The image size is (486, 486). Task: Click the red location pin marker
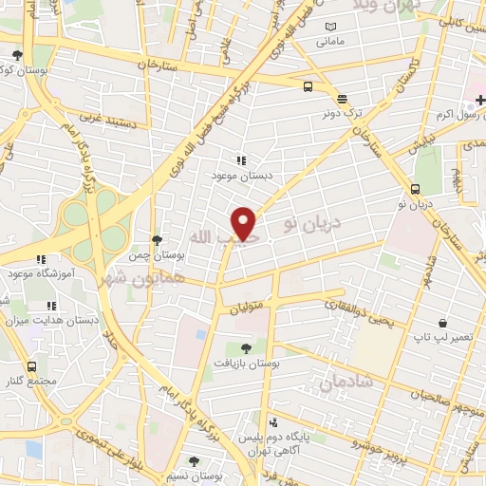pyautogui.click(x=245, y=223)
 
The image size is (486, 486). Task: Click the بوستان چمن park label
pyautogui.click(x=159, y=255)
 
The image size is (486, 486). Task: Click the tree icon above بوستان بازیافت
pyautogui.click(x=248, y=348)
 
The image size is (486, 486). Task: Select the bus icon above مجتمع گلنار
pyautogui.click(x=32, y=366)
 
